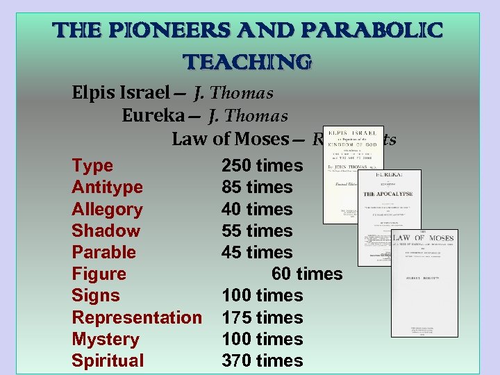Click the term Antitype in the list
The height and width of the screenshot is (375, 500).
pos(107,187)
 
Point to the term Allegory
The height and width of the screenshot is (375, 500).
pos(107,209)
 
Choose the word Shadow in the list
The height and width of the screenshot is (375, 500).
pos(106,231)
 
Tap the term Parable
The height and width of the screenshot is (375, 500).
pos(103,252)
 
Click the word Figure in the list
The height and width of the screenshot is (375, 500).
pos(99,274)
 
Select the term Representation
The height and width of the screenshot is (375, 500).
pos(137,317)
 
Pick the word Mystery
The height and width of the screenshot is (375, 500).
pos(106,339)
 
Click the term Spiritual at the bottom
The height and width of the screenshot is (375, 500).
pos(108,360)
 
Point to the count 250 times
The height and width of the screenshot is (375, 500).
pos(262,166)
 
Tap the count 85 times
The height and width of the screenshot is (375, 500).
pos(257,187)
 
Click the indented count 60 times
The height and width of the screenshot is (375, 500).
pos(307,274)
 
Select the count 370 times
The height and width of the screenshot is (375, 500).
pos(262,360)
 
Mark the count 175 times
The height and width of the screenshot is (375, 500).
pos(262,317)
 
